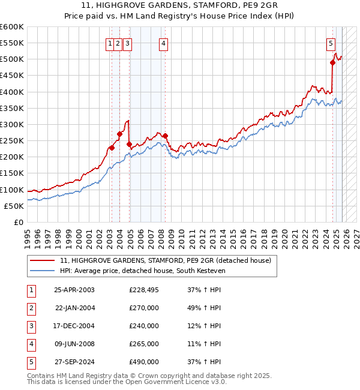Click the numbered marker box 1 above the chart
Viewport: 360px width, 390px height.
coord(110,43)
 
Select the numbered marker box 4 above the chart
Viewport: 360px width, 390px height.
coord(163,43)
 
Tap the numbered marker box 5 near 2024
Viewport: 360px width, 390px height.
coord(331,43)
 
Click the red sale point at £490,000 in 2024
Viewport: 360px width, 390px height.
coord(332,62)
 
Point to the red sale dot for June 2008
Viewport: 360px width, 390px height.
coord(166,136)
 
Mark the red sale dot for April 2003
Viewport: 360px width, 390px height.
coord(112,148)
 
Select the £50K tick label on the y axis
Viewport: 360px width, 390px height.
coord(14,206)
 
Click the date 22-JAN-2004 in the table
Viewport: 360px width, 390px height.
coord(74,308)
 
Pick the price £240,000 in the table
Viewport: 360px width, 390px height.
coord(144,326)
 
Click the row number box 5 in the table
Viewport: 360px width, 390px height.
coord(30,362)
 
